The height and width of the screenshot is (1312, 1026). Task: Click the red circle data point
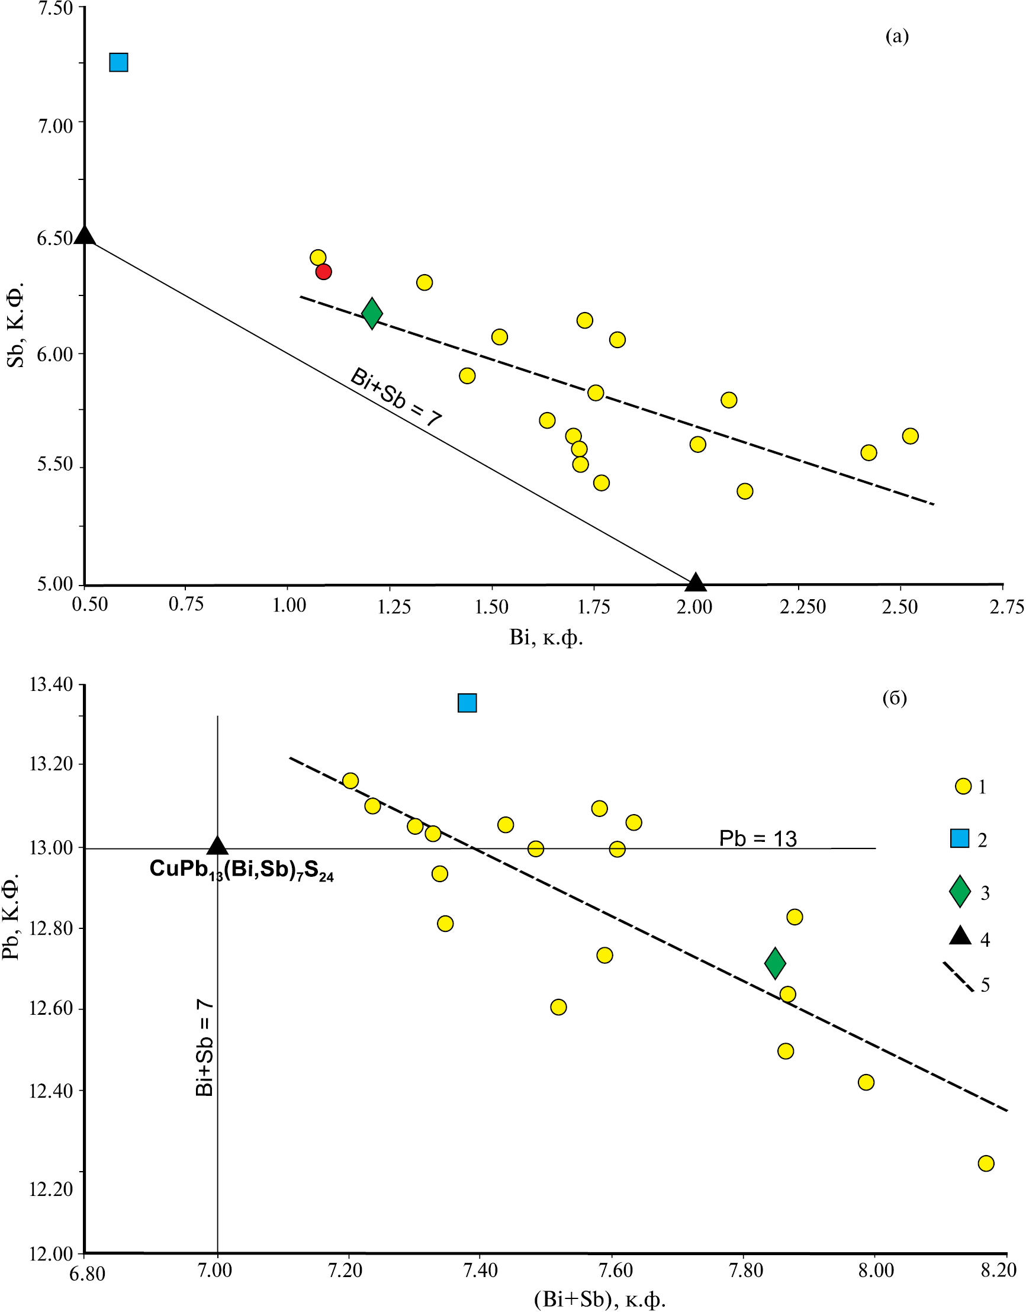click(323, 272)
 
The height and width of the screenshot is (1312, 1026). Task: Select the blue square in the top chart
click(118, 63)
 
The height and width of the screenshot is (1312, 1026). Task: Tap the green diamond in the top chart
click(372, 313)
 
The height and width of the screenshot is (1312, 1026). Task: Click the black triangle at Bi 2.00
click(696, 581)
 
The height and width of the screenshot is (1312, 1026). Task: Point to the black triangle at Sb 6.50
click(85, 236)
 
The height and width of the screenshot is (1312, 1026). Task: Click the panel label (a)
click(897, 37)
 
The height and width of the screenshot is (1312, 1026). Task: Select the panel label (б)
click(895, 697)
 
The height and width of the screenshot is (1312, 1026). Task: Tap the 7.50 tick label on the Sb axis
click(55, 9)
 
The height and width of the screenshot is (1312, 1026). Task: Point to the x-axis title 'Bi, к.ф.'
click(546, 638)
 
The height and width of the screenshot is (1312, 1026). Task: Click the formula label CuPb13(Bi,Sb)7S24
click(242, 869)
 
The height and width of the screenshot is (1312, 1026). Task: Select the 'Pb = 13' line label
click(757, 838)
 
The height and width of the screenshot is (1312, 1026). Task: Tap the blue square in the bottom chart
click(467, 703)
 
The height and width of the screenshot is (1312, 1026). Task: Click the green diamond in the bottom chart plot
click(775, 963)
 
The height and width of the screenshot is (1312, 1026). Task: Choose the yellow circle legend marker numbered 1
click(963, 786)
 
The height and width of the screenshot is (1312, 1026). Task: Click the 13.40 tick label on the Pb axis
click(50, 685)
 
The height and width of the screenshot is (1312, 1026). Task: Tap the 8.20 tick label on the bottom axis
click(998, 1270)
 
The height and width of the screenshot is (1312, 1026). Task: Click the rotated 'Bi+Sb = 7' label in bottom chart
click(205, 1048)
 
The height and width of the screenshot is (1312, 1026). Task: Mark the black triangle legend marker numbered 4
click(960, 936)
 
